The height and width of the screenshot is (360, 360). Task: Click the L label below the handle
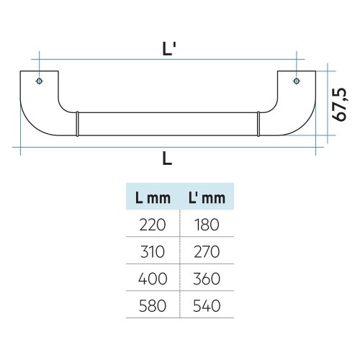pos(167,158)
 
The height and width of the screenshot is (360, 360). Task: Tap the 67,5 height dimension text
pos(339,104)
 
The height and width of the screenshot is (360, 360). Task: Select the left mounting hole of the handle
pos(40,81)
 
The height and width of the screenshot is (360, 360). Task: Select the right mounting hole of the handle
pos(297,81)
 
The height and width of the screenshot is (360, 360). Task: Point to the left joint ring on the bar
pos(77,124)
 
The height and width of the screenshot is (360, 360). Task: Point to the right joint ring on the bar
pos(258,124)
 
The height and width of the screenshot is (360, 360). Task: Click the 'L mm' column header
pos(153,198)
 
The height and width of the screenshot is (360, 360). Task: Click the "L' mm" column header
pos(207,198)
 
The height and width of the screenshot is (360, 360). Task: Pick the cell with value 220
pos(153,225)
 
